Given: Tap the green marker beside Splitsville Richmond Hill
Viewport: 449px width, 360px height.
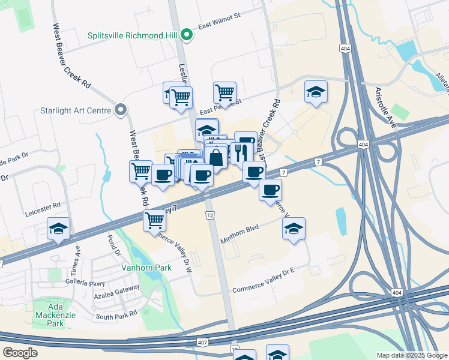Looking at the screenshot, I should pos(187,34).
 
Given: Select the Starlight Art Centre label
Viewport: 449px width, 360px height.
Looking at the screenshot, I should pos(75,110).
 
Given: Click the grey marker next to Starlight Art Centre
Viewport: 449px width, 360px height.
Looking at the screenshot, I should pos(121,110).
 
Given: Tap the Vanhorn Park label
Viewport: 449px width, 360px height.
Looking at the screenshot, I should pos(146,268).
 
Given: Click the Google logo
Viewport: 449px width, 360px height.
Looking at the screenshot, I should pos(19,353).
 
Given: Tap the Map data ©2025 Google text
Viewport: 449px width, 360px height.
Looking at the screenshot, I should pos(411,355).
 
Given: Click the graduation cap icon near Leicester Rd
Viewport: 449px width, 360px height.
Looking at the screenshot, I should pos(59,229).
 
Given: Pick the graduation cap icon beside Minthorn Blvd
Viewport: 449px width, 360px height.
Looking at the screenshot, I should pos(294,229).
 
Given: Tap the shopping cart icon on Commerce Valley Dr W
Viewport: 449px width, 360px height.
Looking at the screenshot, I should pos(154,220).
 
